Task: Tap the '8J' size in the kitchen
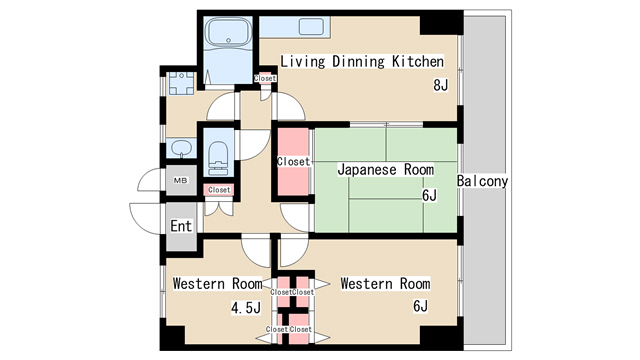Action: pyautogui.click(x=439, y=85)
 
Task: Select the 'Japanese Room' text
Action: pyautogui.click(x=385, y=170)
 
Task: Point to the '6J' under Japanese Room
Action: pyautogui.click(x=429, y=195)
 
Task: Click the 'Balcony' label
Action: pyautogui.click(x=483, y=181)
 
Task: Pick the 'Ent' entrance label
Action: pyautogui.click(x=180, y=226)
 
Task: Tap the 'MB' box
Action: pyautogui.click(x=181, y=181)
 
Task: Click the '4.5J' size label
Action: pyautogui.click(x=244, y=307)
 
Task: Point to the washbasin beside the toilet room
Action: pyautogui.click(x=180, y=149)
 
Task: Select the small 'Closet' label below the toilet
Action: pyautogui.click(x=218, y=190)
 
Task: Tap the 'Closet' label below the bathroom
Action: pyautogui.click(x=265, y=78)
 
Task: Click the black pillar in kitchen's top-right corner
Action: pyautogui.click(x=438, y=26)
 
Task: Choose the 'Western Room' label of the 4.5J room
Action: pyautogui.click(x=217, y=284)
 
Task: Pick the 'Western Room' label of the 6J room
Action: pyautogui.click(x=385, y=284)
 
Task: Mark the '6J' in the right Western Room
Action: pyautogui.click(x=421, y=307)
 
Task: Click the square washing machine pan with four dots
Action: pyautogui.click(x=180, y=82)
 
